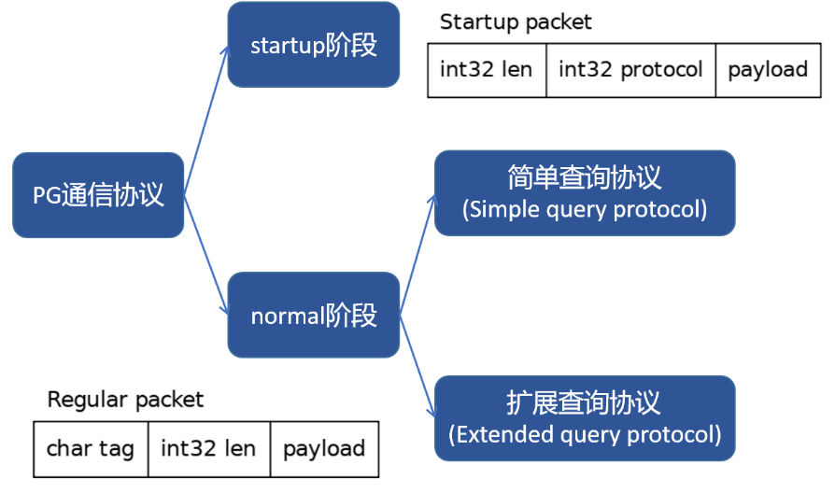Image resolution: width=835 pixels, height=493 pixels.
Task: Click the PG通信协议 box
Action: point(98,195)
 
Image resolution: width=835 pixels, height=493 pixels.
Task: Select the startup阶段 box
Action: point(314,45)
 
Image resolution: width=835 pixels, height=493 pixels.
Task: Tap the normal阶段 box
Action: point(314,315)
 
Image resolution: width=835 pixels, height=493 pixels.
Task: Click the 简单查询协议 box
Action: point(585,192)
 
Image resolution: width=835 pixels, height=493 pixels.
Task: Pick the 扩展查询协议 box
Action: point(585,417)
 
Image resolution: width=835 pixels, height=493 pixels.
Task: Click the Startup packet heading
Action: point(516,21)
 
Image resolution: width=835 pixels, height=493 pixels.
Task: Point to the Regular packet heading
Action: point(125,400)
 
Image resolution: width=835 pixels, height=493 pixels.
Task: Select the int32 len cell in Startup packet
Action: point(487,70)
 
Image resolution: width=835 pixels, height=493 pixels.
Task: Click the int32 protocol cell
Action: point(630,70)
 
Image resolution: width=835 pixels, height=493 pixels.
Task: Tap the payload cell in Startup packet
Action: point(768,70)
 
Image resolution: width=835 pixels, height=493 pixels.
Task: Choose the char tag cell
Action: point(91,448)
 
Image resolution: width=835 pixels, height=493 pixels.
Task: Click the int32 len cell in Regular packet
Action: point(208,448)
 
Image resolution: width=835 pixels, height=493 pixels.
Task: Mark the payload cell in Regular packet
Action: point(324,448)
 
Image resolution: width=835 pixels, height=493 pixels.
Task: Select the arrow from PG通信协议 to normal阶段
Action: point(205,254)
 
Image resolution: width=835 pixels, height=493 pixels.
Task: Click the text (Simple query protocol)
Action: point(585,209)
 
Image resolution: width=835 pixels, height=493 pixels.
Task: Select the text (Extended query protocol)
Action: point(585,434)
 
